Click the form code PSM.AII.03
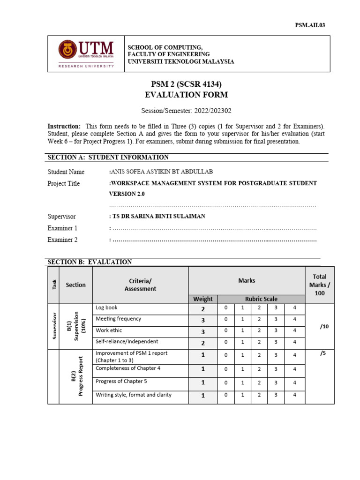click(x=309, y=25)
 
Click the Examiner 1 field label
click(x=62, y=228)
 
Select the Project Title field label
click(x=64, y=183)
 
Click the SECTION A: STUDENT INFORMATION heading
click(x=108, y=157)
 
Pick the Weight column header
click(x=203, y=299)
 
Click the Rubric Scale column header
click(x=261, y=299)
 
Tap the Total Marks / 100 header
click(x=319, y=285)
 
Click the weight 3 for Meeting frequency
click(x=203, y=320)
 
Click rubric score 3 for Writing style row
click(x=276, y=396)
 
